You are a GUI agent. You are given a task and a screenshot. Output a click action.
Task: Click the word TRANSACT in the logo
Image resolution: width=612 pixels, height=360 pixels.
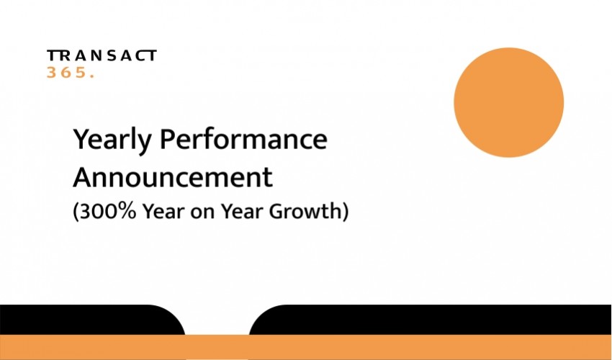point(102,55)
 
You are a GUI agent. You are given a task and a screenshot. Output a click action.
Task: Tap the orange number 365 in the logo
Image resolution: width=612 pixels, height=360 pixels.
point(66,72)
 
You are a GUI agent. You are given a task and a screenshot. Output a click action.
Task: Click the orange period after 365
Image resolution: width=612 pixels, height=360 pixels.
point(92,76)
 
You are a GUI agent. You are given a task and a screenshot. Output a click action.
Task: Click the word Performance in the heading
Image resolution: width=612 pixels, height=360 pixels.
point(243,140)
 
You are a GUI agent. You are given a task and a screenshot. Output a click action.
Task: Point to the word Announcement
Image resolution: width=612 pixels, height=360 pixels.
point(173,177)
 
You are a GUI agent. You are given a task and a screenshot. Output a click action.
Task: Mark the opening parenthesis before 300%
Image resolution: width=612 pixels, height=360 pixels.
point(76,212)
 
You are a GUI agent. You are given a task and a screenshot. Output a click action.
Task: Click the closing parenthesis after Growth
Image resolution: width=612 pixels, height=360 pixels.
point(345,212)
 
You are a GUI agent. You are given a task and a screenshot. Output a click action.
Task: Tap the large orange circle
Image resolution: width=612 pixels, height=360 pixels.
point(508,103)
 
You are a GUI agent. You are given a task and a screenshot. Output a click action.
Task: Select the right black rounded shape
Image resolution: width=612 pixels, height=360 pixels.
point(429,320)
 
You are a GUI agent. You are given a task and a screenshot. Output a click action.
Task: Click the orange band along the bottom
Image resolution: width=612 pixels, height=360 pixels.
point(306,347)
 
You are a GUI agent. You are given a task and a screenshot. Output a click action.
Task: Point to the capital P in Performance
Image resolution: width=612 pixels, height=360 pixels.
point(168,140)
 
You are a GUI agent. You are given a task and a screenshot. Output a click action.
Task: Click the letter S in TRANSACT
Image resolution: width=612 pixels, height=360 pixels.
point(112,55)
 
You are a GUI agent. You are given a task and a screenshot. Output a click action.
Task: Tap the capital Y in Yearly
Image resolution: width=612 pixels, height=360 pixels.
point(82,139)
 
